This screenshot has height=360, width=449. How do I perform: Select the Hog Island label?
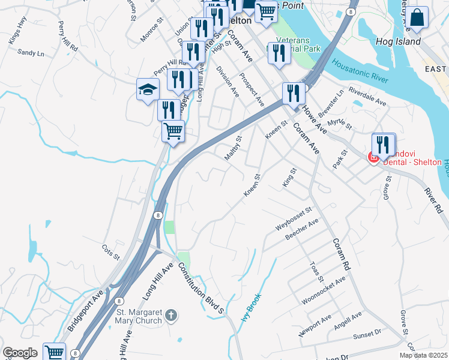[x=397, y=42]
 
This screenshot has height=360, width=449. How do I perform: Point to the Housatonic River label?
[x=360, y=71]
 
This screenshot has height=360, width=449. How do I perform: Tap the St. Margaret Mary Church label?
[x=139, y=316]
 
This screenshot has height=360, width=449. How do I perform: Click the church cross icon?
[x=171, y=315]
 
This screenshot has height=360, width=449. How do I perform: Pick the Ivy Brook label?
[x=252, y=306]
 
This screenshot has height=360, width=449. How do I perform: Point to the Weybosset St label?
[x=295, y=218]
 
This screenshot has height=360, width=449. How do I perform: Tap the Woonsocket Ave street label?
[x=324, y=291]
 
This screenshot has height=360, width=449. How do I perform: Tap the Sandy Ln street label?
[x=31, y=53]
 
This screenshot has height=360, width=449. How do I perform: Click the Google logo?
[x=20, y=353]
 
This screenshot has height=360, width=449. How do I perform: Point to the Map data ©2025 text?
[x=423, y=355]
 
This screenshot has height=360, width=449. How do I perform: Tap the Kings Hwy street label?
[x=18, y=38]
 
